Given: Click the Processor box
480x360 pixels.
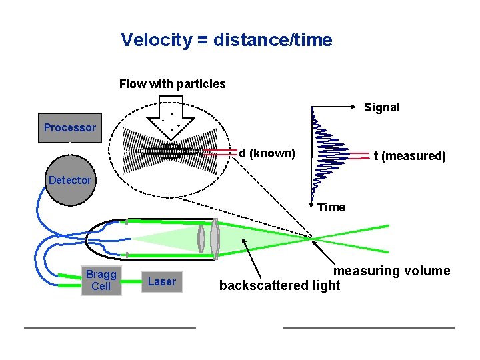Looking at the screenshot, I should pyautogui.click(x=70, y=127).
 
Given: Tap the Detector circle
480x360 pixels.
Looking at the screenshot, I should pyautogui.click(x=70, y=180).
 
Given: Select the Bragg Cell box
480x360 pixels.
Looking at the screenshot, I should pyautogui.click(x=101, y=281).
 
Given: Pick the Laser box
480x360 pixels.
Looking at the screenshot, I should pyautogui.click(x=162, y=281).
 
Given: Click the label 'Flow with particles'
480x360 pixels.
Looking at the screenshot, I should pyautogui.click(x=172, y=84).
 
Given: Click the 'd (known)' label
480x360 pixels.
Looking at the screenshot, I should pyautogui.click(x=267, y=153).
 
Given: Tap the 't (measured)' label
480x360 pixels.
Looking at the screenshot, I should pyautogui.click(x=409, y=156).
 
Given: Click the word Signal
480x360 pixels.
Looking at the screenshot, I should pyautogui.click(x=381, y=107).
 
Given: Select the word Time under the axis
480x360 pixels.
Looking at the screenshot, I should pyautogui.click(x=331, y=207).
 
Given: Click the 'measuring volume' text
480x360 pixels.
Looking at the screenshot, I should pyautogui.click(x=391, y=271).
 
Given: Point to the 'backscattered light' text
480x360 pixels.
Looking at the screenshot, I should pyautogui.click(x=279, y=285).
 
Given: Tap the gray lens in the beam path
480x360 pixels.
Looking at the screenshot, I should pyautogui.click(x=214, y=239).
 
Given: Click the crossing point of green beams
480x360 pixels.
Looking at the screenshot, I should pyautogui.click(x=314, y=237).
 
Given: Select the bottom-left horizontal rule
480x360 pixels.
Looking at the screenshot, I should pyautogui.click(x=109, y=327).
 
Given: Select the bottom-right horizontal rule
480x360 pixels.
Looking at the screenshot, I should pyautogui.click(x=369, y=327).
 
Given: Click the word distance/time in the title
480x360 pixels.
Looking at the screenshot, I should pyautogui.click(x=273, y=40).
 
